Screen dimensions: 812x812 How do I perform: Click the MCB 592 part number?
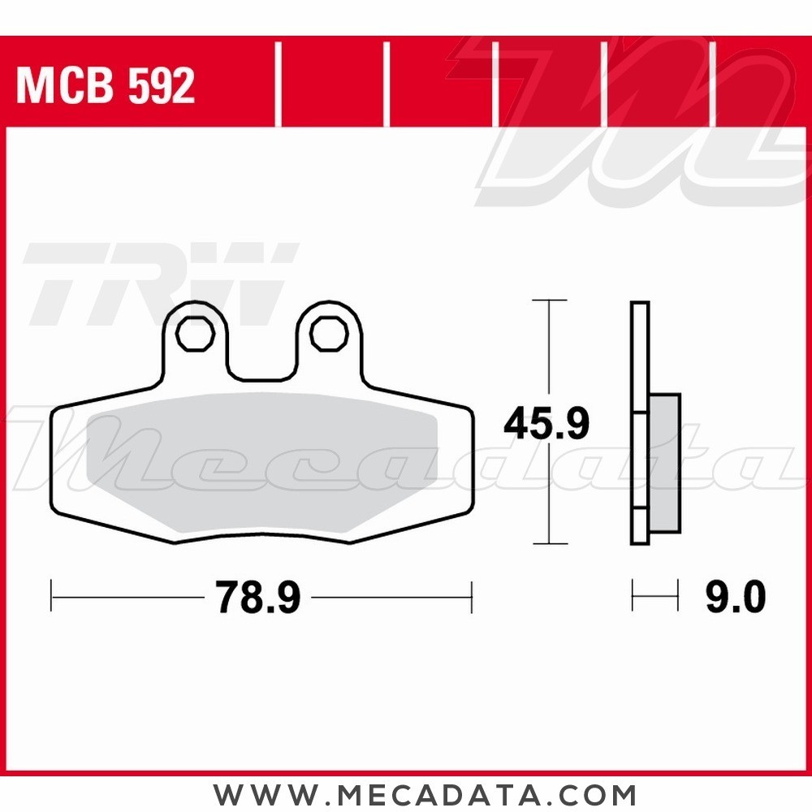coord(106,86)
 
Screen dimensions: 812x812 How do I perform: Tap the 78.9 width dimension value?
coord(258,599)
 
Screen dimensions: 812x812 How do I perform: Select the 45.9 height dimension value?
coord(546,424)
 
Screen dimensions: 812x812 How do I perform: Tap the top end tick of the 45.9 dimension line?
coord(550,300)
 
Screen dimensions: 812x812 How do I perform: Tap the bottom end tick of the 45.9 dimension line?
coord(550,543)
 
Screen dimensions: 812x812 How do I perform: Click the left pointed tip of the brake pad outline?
coord(52,414)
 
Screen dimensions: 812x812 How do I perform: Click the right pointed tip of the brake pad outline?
coord(471,414)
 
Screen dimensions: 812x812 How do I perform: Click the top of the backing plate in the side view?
coord(640,304)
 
